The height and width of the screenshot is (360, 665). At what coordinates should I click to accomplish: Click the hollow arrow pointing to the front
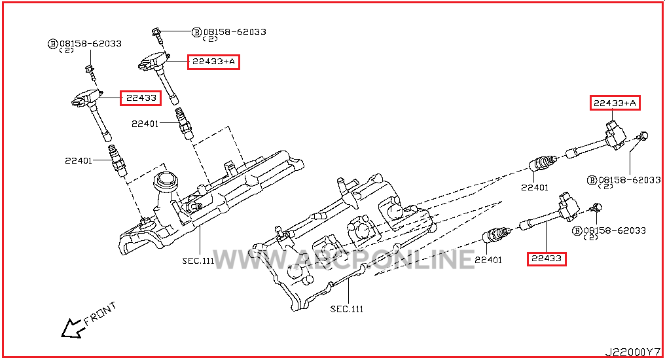tap(71, 328)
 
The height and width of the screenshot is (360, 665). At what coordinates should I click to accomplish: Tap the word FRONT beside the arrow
tap(100, 314)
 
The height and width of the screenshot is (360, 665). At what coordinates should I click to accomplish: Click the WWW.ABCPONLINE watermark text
tap(344, 259)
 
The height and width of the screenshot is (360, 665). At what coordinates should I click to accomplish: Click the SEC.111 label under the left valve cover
tap(198, 261)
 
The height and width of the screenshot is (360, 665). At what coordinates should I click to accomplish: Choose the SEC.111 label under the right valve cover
tap(346, 308)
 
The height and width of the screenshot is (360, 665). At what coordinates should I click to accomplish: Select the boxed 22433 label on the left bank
tap(141, 98)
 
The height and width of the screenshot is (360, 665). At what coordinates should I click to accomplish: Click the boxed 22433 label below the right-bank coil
tap(547, 259)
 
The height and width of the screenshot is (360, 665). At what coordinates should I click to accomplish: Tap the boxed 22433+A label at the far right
tap(615, 103)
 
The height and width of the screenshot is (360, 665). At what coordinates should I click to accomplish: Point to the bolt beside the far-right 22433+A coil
tap(644, 136)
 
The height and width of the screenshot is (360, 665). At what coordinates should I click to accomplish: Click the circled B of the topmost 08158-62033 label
tap(196, 31)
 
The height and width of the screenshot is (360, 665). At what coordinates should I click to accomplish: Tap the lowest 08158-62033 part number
tap(615, 230)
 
